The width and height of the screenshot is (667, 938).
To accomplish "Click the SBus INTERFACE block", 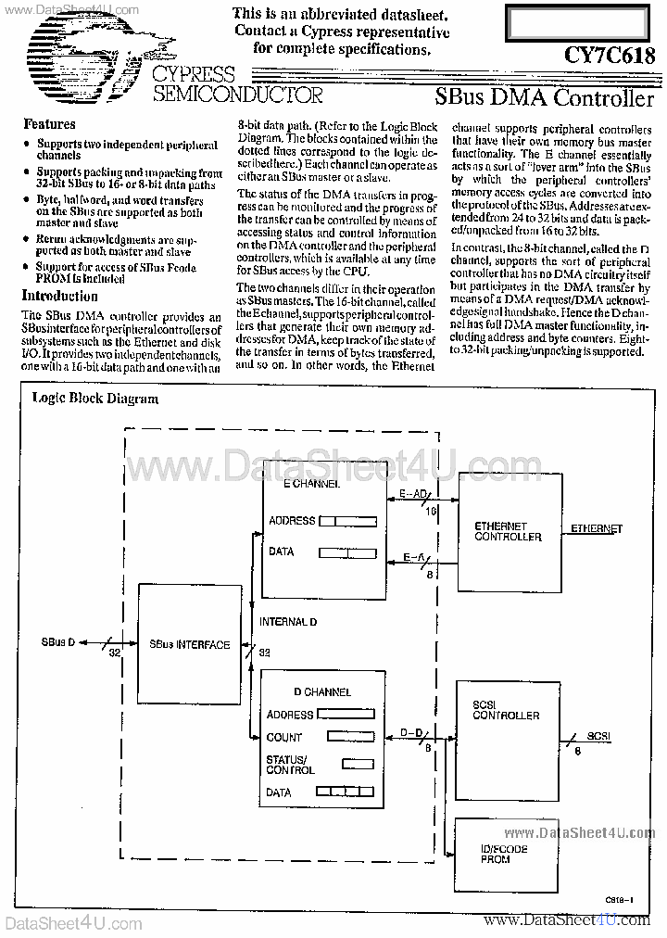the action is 190,644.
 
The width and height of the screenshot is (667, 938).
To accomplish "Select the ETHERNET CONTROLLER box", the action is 508,531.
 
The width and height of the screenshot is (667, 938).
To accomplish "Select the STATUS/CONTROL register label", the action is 290,765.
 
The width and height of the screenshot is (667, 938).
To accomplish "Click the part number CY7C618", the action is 610,56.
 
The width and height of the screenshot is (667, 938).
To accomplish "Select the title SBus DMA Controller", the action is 545,96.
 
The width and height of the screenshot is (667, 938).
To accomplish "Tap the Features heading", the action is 49,124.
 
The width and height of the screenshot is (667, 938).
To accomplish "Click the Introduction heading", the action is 59,297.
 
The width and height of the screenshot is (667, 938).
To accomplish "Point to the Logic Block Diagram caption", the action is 95,399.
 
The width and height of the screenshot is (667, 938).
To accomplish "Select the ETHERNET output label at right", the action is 596,528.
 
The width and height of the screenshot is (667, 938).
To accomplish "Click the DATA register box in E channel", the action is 346,553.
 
